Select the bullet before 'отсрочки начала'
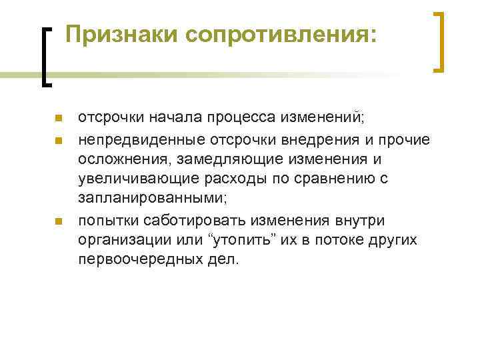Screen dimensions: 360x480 58,119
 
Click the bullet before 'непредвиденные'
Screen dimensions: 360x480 58,141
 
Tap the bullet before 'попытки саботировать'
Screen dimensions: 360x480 58,221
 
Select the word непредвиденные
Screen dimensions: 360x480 142,139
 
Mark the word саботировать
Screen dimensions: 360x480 203,221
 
